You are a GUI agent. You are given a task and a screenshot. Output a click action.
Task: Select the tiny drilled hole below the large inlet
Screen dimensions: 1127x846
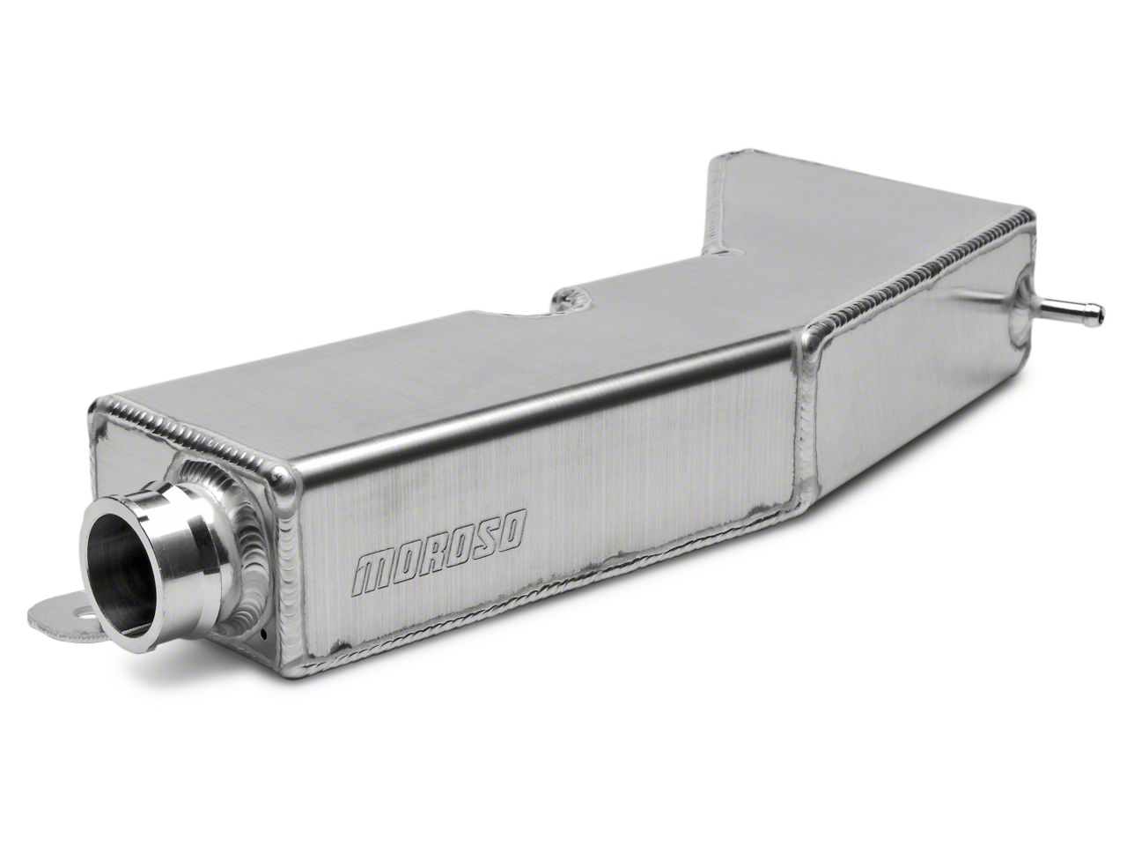[x=262, y=634]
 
